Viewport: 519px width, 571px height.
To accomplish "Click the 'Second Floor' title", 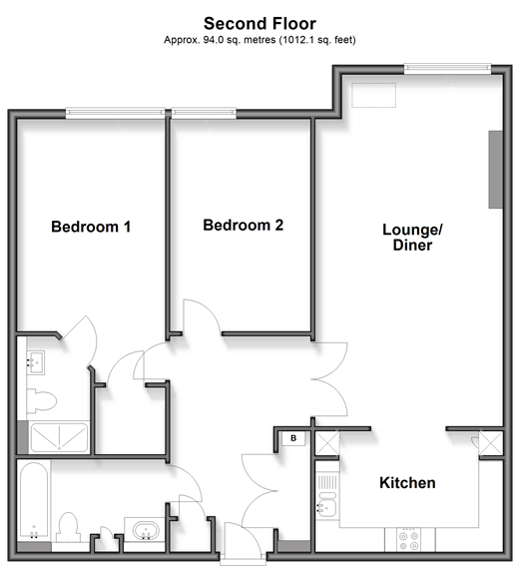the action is tap(259, 24).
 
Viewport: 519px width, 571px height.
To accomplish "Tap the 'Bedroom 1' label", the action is tap(91, 227).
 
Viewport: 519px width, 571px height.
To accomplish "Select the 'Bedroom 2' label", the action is tap(243, 225).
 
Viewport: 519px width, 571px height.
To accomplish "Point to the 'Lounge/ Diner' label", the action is tap(412, 237).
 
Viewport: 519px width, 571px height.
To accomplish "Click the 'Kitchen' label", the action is tap(407, 483).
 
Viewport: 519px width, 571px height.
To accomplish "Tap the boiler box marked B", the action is tap(293, 438).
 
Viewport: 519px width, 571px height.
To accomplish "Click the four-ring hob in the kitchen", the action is tap(408, 541).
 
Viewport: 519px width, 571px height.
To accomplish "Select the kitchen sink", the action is tap(326, 504).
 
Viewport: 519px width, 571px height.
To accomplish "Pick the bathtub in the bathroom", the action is tap(34, 500).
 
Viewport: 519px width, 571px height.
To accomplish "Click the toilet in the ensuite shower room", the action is tap(41, 400).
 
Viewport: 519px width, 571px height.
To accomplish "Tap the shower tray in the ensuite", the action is tap(59, 437).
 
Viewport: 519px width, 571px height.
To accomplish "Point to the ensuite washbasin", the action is tap(36, 362).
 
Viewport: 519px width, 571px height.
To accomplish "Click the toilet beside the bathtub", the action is tap(69, 527).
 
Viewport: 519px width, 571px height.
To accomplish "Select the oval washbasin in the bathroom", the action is tap(146, 530).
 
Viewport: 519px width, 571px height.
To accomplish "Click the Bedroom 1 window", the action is tap(116, 113).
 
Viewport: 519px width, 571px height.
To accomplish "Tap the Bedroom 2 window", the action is tap(204, 113).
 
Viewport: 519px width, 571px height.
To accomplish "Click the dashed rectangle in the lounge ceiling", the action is tap(373, 95).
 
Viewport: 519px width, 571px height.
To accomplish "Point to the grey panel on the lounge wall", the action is tap(496, 170).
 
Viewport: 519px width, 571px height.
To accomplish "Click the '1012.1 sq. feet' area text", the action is tap(317, 40).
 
